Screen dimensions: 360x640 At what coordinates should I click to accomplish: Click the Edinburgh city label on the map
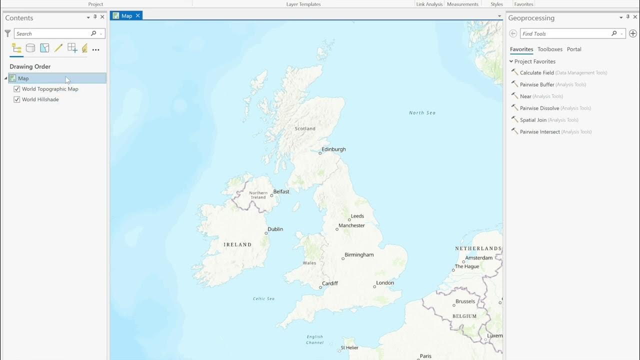pos(333,149)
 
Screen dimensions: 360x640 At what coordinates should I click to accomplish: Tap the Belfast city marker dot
pos(271,195)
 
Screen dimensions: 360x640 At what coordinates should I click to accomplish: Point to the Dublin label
pos(275,229)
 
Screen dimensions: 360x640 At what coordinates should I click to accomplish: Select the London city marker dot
pos(374,286)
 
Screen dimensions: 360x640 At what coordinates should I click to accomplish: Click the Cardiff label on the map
pos(330,283)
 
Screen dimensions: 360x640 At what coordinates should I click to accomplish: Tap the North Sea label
pos(422,112)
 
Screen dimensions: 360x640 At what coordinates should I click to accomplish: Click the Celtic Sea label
pos(263,298)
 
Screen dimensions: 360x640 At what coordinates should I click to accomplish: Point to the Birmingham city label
pos(359,254)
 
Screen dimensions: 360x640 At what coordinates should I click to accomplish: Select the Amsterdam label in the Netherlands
pos(478,257)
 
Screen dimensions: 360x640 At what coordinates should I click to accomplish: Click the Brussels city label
pos(465,301)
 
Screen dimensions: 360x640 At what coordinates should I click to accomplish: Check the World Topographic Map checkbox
pos(17,89)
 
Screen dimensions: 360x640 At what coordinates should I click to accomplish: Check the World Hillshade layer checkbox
pos(17,99)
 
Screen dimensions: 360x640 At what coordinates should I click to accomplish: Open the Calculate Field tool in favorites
pos(536,72)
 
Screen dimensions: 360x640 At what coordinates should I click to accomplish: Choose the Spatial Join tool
pos(533,120)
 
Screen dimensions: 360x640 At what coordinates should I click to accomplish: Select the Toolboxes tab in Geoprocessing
pos(549,49)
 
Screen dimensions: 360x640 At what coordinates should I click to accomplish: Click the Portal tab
pos(574,49)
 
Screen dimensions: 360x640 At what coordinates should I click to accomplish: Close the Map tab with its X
pos(138,15)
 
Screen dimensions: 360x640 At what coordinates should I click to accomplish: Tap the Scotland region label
pos(305,128)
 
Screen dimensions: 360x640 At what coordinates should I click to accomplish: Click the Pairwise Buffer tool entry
pos(537,84)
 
